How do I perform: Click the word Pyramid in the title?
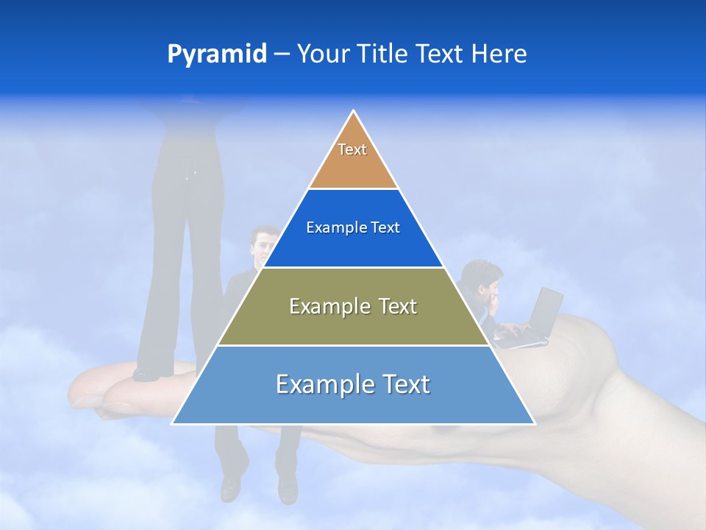(x=216, y=54)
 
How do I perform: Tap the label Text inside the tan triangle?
(x=352, y=149)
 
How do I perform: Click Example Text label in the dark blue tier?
(x=353, y=227)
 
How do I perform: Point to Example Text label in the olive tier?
(x=353, y=306)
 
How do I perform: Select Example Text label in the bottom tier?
(x=353, y=384)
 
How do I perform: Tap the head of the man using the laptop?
(x=483, y=276)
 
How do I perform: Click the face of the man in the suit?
(x=263, y=244)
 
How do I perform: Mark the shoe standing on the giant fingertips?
(x=147, y=374)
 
